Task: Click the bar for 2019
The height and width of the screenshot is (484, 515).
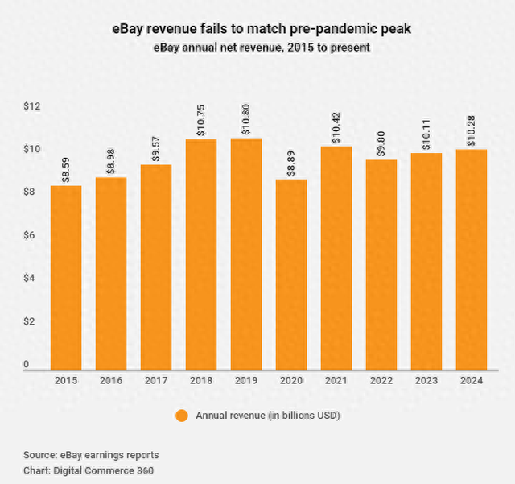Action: coord(245,253)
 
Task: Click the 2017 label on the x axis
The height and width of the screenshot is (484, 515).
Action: coord(155,380)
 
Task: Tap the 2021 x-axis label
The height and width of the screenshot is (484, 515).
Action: coord(336,380)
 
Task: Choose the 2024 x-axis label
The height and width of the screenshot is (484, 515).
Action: coord(471,380)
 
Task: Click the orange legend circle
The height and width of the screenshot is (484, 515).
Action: coord(181,416)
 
